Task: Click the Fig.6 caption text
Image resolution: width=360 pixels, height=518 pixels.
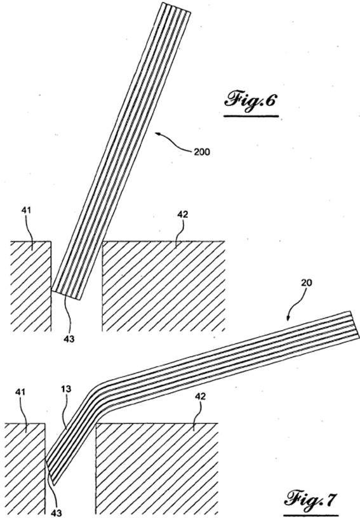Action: [x=250, y=100]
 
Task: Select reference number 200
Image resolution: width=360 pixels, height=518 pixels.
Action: [x=201, y=152]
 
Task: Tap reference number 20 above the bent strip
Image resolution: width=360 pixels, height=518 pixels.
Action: [x=307, y=282]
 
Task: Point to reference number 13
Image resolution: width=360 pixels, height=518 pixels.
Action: [x=66, y=389]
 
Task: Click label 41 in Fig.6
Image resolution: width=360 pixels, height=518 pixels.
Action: [x=26, y=209]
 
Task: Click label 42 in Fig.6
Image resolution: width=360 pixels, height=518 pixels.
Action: [x=183, y=214]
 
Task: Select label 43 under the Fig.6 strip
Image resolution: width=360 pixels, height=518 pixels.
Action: [x=69, y=338]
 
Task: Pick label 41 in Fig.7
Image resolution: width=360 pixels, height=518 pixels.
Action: [x=21, y=392]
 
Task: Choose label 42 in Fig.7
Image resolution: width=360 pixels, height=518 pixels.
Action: [x=200, y=396]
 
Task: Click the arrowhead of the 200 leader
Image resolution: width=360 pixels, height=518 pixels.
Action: [x=157, y=134]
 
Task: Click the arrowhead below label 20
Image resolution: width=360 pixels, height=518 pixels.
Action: [x=288, y=319]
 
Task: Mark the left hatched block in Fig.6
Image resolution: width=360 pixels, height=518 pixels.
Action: [x=31, y=286]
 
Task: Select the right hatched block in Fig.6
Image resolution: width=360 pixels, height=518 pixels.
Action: [x=163, y=286]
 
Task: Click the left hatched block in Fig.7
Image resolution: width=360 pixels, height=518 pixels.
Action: [x=25, y=469]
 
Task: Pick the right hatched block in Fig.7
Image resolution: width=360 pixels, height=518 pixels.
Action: [x=157, y=469]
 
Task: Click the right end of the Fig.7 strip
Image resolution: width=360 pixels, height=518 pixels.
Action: [x=355, y=324]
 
